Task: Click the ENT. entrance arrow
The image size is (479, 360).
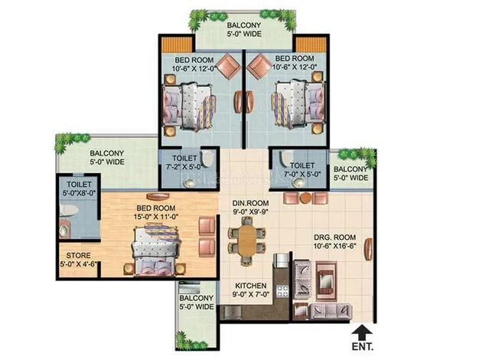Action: (x=362, y=332)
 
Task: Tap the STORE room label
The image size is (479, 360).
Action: (x=79, y=255)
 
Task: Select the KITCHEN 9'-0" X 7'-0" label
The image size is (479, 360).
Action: (x=251, y=290)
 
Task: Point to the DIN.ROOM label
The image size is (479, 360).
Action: (x=250, y=203)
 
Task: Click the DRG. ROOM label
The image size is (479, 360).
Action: (x=335, y=237)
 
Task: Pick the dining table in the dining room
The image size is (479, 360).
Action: (x=247, y=241)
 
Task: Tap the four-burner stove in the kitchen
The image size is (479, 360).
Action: (x=282, y=291)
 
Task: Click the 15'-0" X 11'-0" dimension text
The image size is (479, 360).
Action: (x=156, y=217)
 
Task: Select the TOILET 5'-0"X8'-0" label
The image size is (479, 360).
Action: (x=79, y=188)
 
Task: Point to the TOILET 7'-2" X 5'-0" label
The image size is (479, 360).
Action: (x=184, y=162)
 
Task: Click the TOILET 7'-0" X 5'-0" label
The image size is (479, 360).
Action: (x=302, y=170)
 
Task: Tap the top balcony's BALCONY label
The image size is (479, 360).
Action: (x=244, y=25)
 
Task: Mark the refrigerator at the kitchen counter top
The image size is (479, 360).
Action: (x=281, y=260)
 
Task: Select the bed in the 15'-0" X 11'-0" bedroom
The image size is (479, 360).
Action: (x=156, y=249)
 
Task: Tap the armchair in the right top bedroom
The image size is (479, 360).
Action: (x=259, y=66)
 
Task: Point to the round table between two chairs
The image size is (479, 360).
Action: (x=305, y=198)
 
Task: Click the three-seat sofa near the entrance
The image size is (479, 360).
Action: (x=331, y=312)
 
